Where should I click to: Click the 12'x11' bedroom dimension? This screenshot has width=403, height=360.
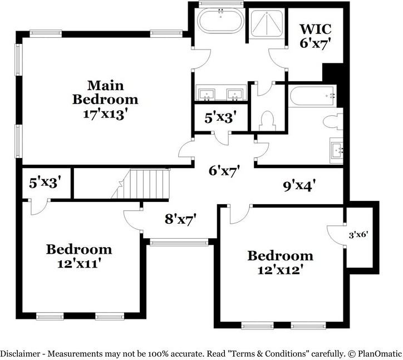pos(78,264)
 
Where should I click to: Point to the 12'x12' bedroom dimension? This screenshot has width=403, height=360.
pos(280,270)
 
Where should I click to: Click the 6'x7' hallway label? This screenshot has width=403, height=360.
pos(224,171)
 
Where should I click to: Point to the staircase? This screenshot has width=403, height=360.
pos(146,184)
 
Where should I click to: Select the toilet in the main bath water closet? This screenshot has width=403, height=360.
pos(267,120)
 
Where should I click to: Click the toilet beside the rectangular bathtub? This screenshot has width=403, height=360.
pos(336,121)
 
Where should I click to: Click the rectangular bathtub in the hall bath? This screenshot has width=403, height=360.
pos(312,96)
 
